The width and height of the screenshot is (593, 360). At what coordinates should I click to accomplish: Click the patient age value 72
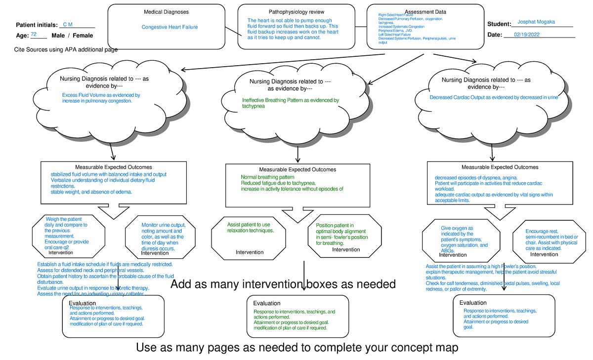click(x=34, y=35)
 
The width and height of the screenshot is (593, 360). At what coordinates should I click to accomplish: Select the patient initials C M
click(x=68, y=24)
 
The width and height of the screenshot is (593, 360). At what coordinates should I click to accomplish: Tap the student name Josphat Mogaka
click(x=536, y=22)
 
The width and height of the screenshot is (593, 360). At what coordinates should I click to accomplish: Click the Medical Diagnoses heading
click(x=166, y=11)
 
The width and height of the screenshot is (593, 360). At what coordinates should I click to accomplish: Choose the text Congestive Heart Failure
click(x=169, y=27)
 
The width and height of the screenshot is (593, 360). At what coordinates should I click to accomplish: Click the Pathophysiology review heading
click(x=297, y=11)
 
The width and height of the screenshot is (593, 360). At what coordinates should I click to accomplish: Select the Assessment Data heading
click(x=425, y=11)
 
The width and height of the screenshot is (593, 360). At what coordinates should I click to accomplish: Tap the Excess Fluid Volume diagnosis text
click(x=101, y=98)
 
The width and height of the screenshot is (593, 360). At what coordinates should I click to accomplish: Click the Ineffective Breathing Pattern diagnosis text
click(x=291, y=103)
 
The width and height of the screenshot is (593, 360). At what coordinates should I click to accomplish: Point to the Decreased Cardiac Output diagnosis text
click(x=494, y=98)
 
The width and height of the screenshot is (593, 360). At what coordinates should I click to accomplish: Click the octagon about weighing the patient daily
click(x=68, y=236)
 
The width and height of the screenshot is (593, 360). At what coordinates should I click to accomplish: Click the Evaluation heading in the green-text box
click(x=266, y=303)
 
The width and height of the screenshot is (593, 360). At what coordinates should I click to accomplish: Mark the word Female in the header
click(x=83, y=36)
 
